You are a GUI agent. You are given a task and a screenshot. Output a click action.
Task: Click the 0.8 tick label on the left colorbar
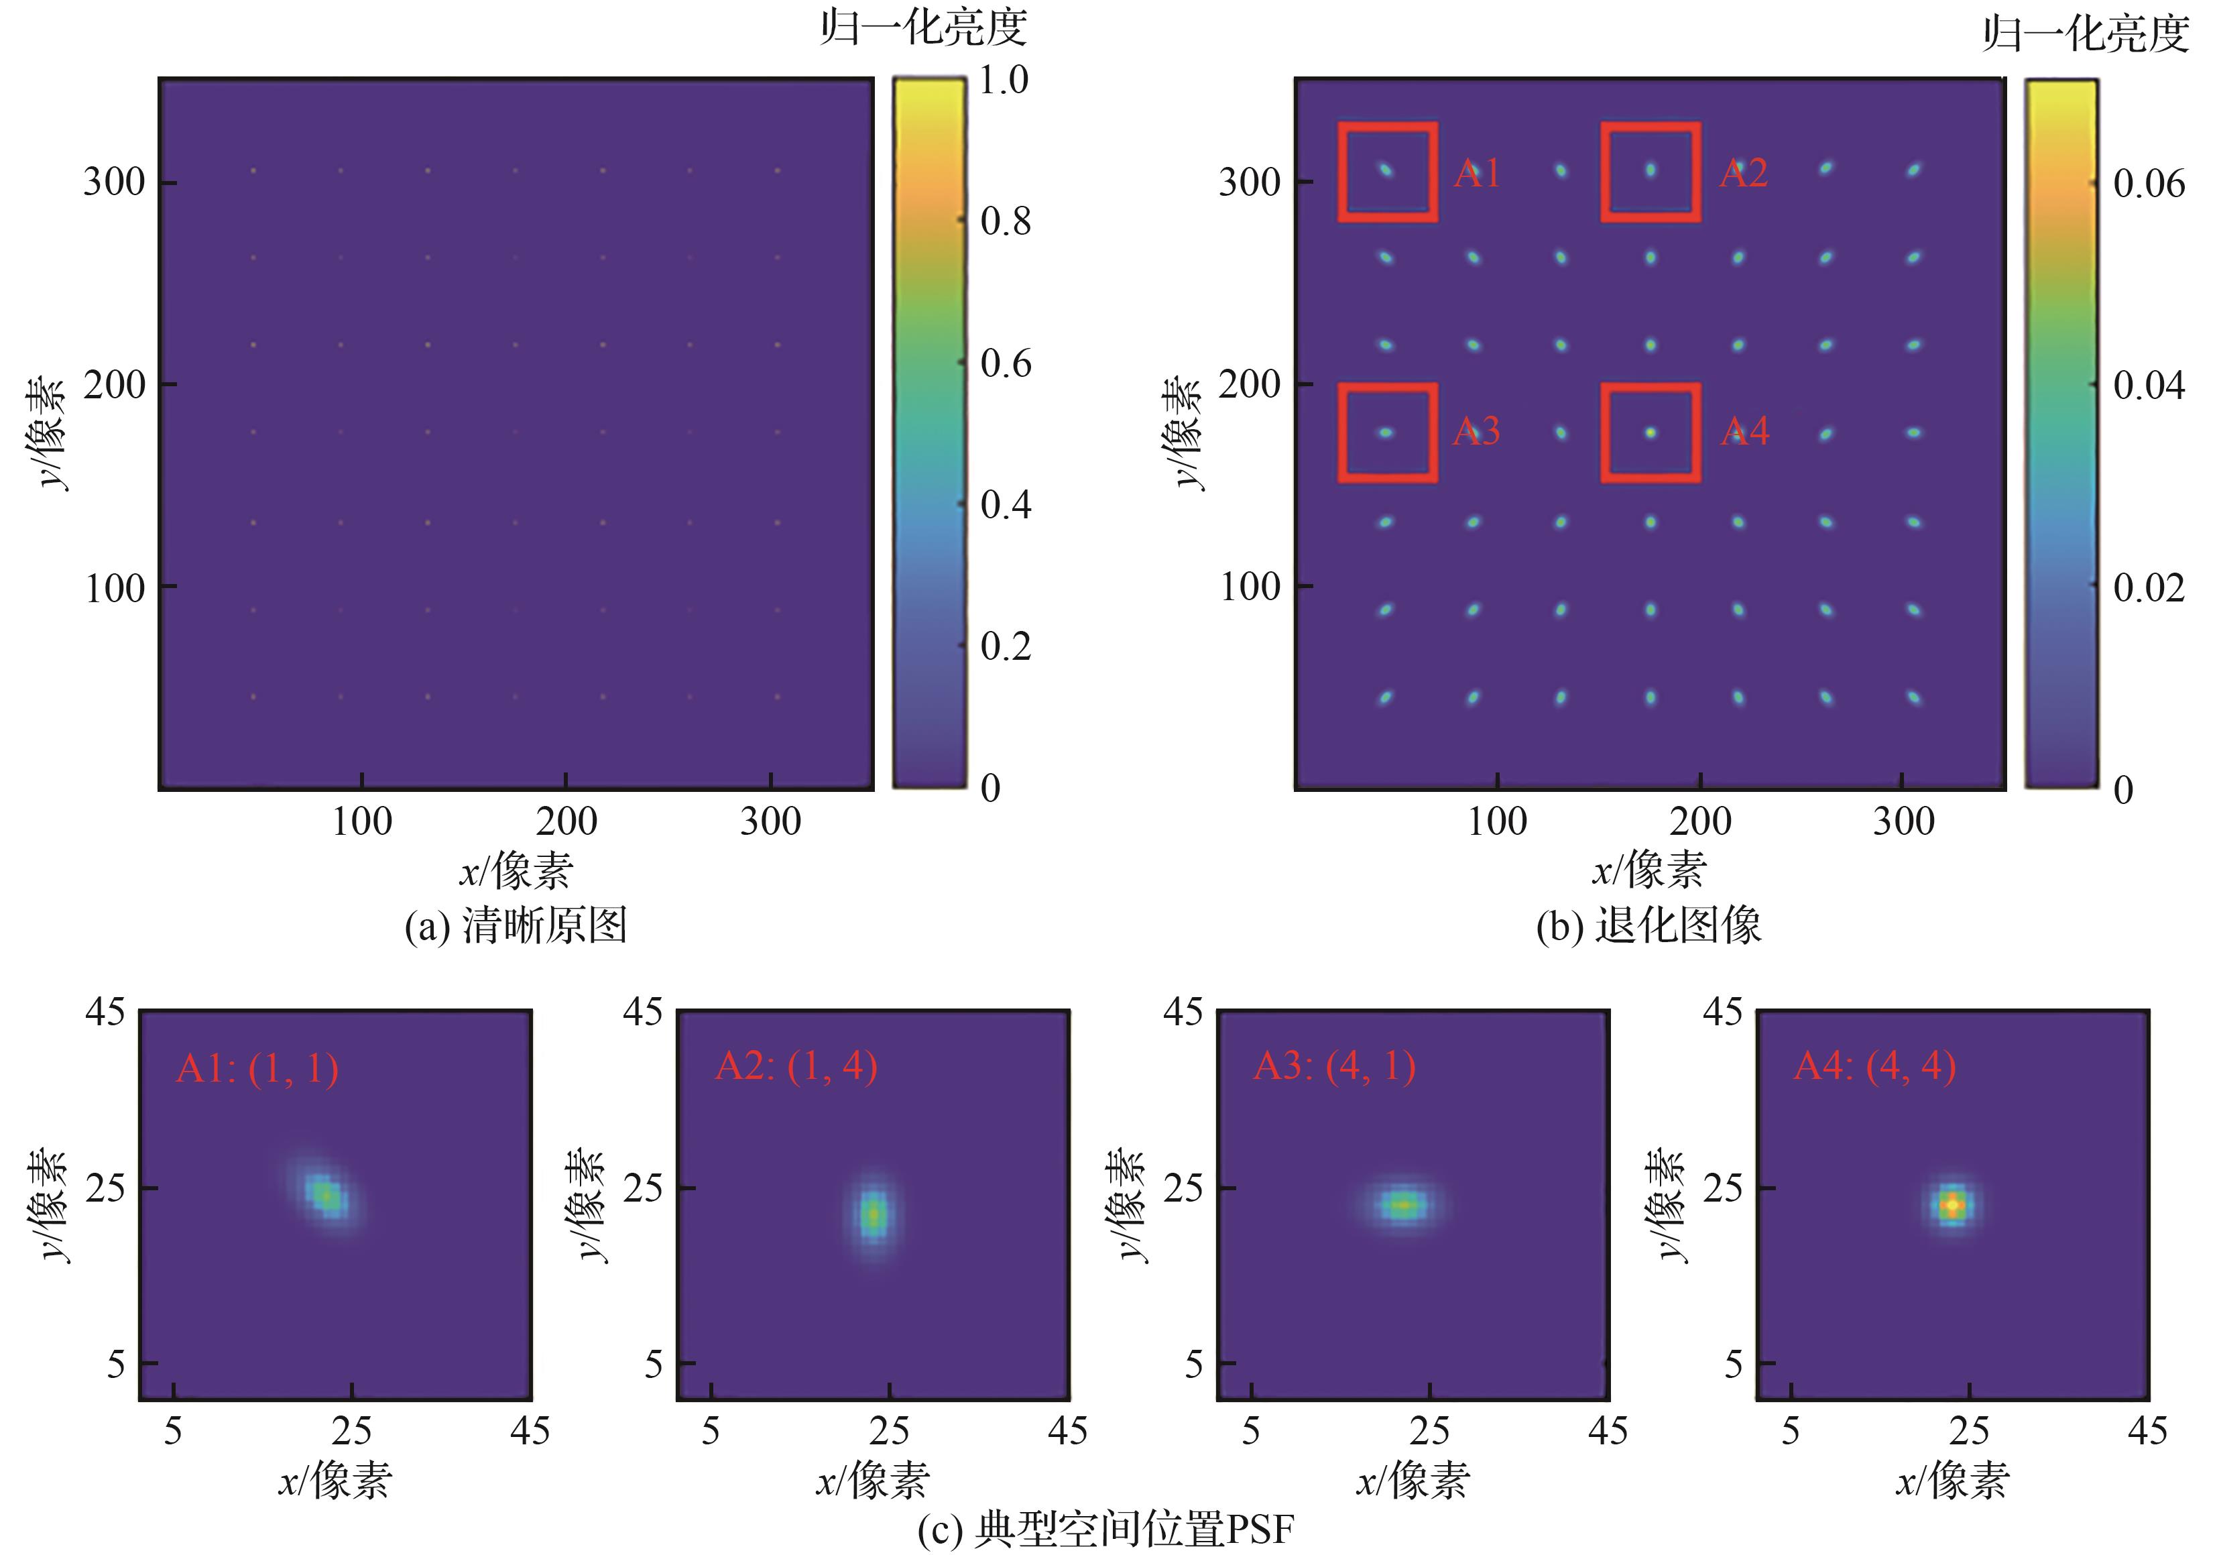[1005, 221]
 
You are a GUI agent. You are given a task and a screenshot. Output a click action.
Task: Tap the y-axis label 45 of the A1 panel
[105, 1012]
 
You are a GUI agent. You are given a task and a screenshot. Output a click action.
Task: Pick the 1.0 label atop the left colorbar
[1004, 79]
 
